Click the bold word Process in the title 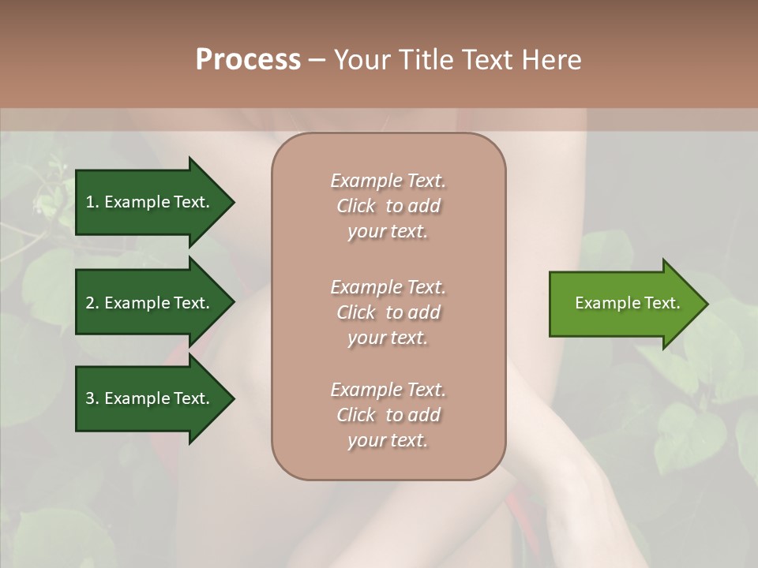click(248, 60)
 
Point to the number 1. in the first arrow click(92, 202)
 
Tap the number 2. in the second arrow click(92, 303)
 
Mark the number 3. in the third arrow click(92, 398)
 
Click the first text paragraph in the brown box click(388, 206)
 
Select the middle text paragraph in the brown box click(388, 312)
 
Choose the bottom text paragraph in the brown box click(388, 415)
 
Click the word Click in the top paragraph click(356, 206)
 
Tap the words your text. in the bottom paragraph click(388, 441)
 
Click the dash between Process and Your click(317, 60)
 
